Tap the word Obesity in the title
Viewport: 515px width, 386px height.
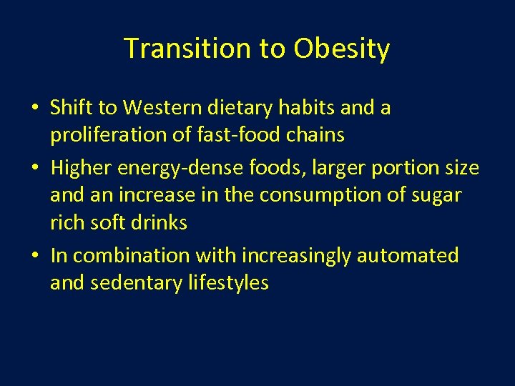click(x=341, y=49)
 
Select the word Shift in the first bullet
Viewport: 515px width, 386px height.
click(x=71, y=108)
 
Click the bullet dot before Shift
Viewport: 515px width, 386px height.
click(x=35, y=109)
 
